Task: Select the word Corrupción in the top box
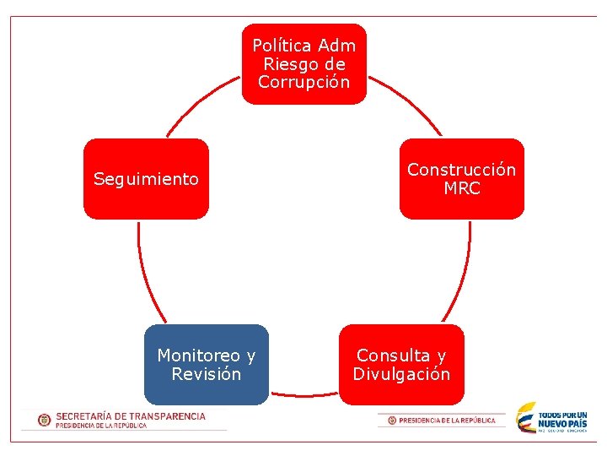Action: [x=304, y=83]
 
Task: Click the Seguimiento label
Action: [x=146, y=179]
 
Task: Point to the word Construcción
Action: [x=461, y=170]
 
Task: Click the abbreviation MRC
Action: [x=462, y=188]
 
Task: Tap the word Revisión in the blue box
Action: [x=206, y=374]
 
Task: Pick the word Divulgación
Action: [x=401, y=374]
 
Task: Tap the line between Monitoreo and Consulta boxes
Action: [x=303, y=394]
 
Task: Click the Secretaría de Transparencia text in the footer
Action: [x=131, y=416]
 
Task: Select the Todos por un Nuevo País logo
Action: [x=552, y=418]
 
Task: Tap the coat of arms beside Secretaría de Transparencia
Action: [x=44, y=420]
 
